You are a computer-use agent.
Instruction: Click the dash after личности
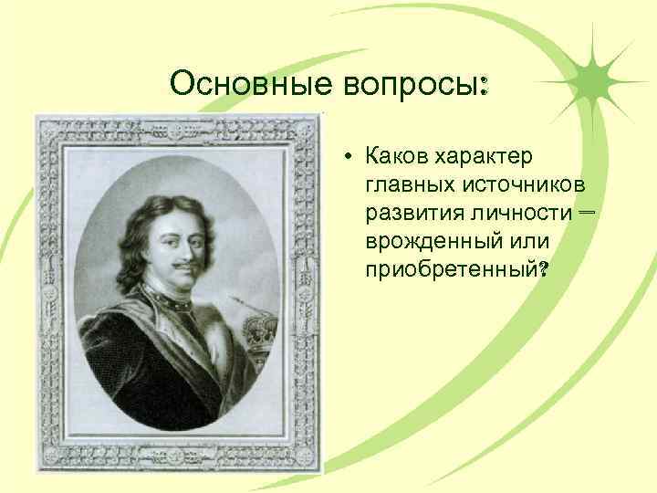pos(585,212)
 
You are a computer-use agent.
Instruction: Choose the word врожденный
pos(434,242)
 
